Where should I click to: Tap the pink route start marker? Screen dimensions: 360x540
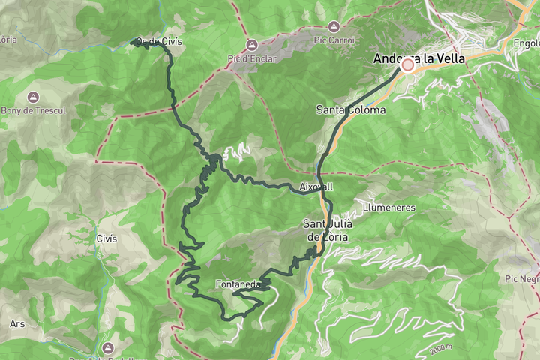pyautogui.click(x=408, y=65)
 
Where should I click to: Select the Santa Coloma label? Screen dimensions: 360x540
pyautogui.click(x=351, y=110)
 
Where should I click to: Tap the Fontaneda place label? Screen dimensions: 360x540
pyautogui.click(x=237, y=284)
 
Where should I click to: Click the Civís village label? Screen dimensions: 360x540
pyautogui.click(x=106, y=238)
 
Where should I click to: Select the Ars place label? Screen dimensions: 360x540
pyautogui.click(x=17, y=324)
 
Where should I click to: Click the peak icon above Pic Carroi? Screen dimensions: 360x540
pyautogui.click(x=334, y=26)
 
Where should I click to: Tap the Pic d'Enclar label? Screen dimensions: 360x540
pyautogui.click(x=251, y=58)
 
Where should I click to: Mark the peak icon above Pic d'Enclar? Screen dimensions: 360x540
pyautogui.click(x=251, y=46)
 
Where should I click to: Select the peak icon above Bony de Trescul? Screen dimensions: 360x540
pyautogui.click(x=32, y=97)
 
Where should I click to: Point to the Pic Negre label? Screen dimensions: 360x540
pyautogui.click(x=522, y=278)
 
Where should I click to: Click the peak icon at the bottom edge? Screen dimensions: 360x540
pyautogui.click(x=108, y=349)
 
